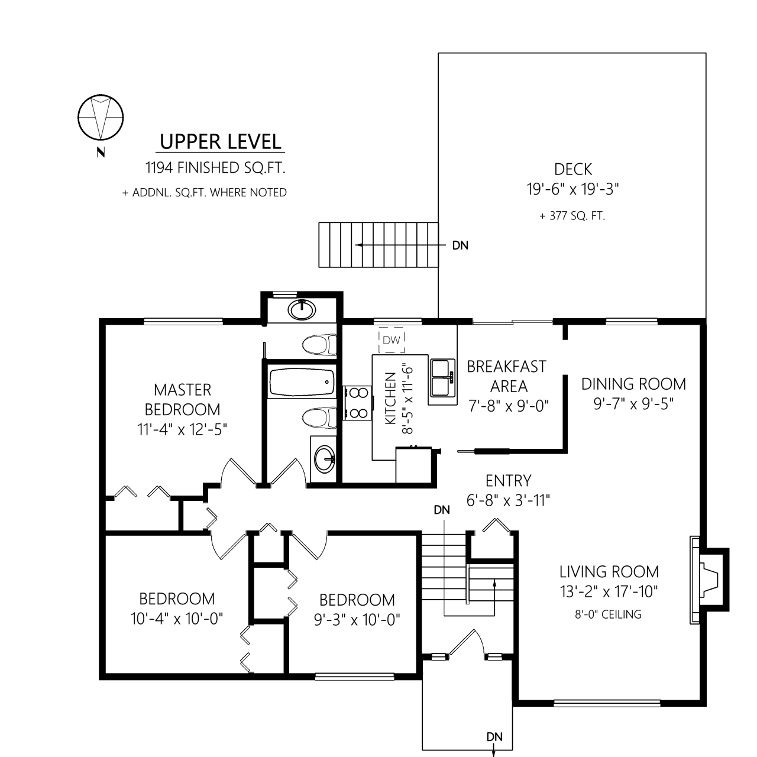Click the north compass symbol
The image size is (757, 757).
(101, 118)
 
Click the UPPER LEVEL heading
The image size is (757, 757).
(221, 142)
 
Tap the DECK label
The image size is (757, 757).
(572, 169)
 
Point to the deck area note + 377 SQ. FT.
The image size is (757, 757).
(572, 216)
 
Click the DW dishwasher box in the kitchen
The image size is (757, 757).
(392, 340)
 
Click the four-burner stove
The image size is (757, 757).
(357, 403)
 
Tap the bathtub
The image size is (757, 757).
(302, 382)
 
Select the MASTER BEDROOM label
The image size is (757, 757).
(182, 400)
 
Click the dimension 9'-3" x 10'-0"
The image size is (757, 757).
(357, 620)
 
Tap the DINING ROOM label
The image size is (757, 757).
(633, 384)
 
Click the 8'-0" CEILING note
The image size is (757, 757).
(608, 614)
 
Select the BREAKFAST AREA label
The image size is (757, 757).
(507, 376)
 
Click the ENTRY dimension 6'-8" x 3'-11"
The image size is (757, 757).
(509, 500)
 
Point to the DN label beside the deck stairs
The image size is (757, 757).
(460, 245)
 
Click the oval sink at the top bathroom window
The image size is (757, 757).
(302, 310)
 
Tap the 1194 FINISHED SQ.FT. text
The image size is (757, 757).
(215, 168)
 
